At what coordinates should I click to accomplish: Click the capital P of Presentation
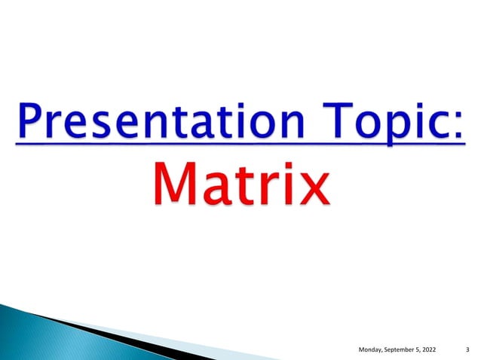click(x=33, y=121)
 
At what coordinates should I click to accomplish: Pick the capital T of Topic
click(x=332, y=121)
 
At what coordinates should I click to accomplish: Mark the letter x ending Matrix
click(x=309, y=188)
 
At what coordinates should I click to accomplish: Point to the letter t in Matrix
click(x=244, y=185)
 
